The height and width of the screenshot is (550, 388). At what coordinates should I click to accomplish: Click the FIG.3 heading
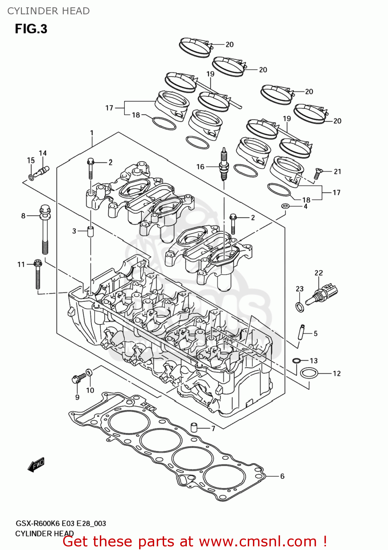coord(31,29)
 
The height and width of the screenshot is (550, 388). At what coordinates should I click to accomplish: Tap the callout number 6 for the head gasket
coord(282,476)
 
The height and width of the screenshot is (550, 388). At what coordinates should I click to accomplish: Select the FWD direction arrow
coord(36,465)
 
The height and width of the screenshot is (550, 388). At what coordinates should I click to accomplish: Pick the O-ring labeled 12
coord(308,374)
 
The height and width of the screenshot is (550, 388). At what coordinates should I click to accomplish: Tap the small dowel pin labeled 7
coord(194,427)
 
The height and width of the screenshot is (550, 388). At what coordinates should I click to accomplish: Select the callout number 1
coord(92,133)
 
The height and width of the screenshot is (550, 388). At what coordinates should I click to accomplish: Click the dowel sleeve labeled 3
coord(90,232)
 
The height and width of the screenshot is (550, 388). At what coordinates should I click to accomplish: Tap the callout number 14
coord(43,153)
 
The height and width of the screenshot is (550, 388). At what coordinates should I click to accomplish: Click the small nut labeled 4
coord(285,206)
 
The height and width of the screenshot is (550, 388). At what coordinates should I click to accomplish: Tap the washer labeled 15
coord(31,178)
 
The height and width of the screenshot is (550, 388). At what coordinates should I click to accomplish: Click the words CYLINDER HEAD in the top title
coord(48,11)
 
